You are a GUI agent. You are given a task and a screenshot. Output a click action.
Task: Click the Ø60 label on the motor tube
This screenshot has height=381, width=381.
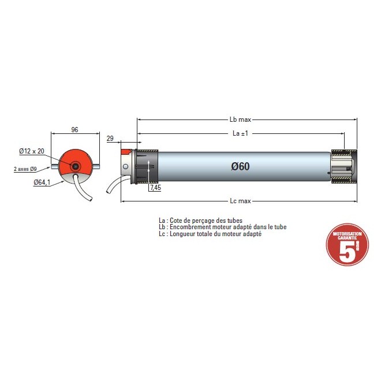(x=240, y=166)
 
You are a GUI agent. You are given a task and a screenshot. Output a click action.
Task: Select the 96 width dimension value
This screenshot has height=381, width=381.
(x=74, y=130)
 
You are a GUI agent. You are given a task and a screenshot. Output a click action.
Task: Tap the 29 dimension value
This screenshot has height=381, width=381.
(x=110, y=139)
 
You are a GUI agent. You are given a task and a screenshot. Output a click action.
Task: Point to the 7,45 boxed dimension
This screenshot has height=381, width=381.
(x=155, y=188)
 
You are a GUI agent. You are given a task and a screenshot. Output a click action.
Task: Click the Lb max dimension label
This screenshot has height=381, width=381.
(x=240, y=119)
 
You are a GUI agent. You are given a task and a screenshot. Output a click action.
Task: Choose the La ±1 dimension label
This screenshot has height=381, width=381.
(x=241, y=133)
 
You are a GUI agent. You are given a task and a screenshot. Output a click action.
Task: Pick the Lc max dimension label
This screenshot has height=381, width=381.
(x=240, y=201)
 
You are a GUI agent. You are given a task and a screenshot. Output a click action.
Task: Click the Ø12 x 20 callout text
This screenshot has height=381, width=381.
(x=32, y=151)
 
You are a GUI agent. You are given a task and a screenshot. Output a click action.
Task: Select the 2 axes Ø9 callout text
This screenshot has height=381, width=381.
(x=26, y=169)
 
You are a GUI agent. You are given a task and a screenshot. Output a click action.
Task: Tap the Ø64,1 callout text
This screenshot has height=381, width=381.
(x=42, y=182)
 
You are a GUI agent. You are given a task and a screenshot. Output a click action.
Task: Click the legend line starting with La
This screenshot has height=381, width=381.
(x=200, y=221)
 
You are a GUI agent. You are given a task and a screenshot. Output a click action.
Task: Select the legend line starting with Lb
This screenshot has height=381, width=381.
(x=222, y=227)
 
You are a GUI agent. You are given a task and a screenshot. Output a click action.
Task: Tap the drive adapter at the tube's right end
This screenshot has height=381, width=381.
(x=344, y=167)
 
